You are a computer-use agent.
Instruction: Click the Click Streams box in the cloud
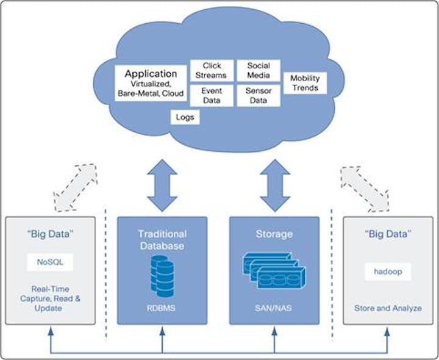click(x=212, y=70)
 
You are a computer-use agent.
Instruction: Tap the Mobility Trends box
click(x=305, y=83)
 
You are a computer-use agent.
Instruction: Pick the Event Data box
click(x=212, y=96)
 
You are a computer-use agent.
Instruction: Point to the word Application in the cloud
click(x=151, y=74)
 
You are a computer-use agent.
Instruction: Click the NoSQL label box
click(x=50, y=262)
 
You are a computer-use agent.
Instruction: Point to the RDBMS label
click(x=162, y=308)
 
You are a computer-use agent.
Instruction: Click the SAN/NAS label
click(x=274, y=308)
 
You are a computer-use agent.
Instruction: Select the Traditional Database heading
click(x=162, y=239)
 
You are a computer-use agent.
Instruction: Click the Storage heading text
click(x=274, y=234)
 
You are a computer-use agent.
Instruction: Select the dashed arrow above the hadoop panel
click(x=364, y=186)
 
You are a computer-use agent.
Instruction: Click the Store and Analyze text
click(x=388, y=308)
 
